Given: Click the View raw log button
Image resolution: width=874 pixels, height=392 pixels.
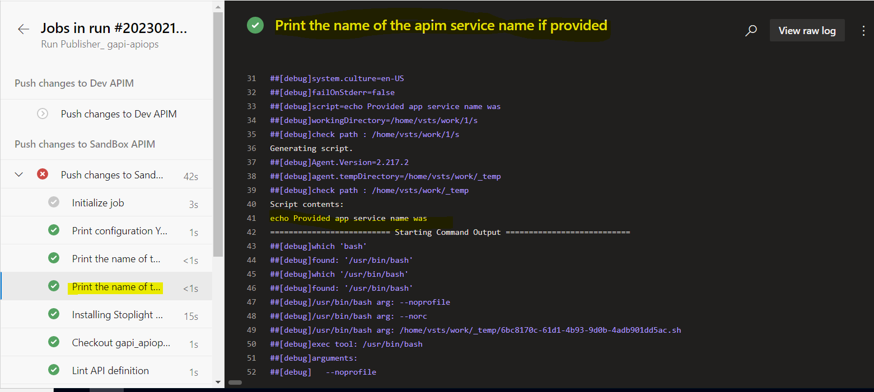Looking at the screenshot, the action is coord(807,31).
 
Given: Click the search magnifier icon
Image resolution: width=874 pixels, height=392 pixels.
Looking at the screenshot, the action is coord(751,31).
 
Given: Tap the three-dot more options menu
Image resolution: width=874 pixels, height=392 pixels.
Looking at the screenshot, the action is coord(863,31).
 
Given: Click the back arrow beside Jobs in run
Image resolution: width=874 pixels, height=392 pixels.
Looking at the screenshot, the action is coord(24,30).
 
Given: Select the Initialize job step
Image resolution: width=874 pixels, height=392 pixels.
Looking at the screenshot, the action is coord(98,203).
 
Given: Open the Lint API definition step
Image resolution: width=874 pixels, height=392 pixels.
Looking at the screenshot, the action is coord(110,371).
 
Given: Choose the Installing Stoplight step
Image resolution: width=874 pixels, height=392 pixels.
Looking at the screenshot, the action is coord(117,315).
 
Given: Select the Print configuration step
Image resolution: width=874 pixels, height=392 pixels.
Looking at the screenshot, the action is coord(120,231).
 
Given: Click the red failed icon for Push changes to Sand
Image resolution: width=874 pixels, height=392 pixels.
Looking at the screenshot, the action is coord(43,174).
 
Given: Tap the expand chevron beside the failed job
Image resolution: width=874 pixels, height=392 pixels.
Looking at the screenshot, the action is coord(19,175).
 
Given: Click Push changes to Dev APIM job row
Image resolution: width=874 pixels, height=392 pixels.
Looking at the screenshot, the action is coord(118,114).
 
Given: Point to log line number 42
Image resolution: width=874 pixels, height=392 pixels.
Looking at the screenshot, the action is coord(251,232).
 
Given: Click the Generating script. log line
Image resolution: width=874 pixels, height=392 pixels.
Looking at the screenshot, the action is coord(311,148).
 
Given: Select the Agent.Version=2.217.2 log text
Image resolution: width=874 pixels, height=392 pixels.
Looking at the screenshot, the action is coord(360,162).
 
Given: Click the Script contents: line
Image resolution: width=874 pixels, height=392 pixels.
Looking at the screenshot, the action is coord(306,204).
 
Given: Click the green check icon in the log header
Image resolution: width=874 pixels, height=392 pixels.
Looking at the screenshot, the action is coord(255,26).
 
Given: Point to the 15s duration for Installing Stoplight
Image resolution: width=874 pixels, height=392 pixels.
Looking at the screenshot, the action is coord(191,317).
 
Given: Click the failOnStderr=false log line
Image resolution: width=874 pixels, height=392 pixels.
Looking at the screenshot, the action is coord(332,92).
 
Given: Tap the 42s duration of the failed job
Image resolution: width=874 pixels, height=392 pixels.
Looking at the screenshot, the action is coord(191,177).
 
